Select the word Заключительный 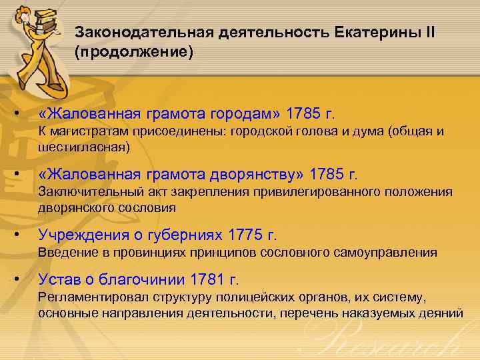pyautogui.click(x=83, y=193)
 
